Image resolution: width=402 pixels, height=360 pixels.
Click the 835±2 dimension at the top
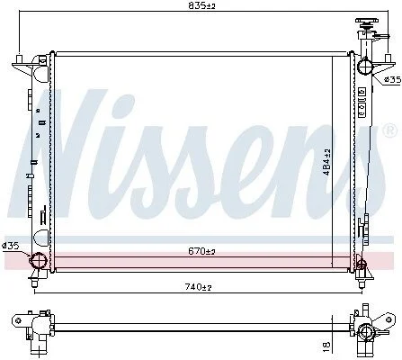click(x=201, y=5)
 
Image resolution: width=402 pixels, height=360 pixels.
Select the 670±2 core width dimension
click(x=201, y=251)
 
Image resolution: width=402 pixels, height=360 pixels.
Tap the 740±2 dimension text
click(x=198, y=287)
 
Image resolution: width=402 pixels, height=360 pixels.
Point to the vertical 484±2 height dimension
click(x=327, y=162)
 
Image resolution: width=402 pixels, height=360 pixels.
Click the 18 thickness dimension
click(x=326, y=346)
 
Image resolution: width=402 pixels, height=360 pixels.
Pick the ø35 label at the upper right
click(x=392, y=79)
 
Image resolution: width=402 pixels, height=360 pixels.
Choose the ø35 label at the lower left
click(x=11, y=247)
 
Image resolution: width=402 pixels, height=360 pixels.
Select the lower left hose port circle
click(x=39, y=260)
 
